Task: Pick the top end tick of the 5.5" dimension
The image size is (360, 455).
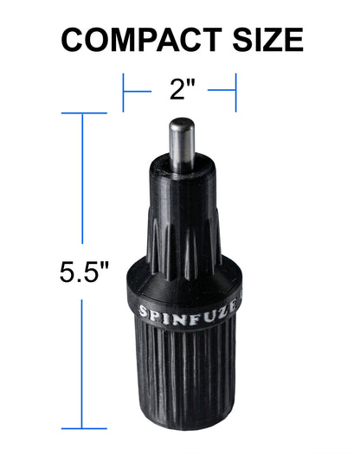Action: point(83,113)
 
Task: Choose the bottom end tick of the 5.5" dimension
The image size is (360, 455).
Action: point(83,427)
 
